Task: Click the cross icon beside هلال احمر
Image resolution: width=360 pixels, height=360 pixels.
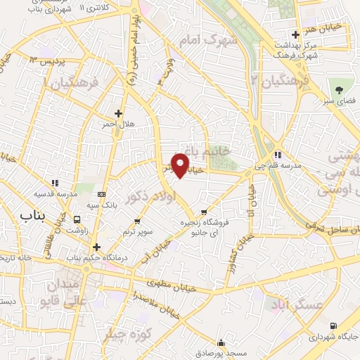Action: [118, 112]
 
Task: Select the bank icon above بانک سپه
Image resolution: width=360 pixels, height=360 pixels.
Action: [103, 194]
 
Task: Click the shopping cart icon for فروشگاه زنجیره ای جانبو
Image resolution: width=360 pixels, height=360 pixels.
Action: [204, 211]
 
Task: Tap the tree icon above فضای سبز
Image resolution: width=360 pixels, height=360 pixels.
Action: [340, 89]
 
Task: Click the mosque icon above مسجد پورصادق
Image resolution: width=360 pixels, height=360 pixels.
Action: [222, 343]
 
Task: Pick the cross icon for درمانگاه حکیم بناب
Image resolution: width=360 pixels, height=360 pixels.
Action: [96, 247]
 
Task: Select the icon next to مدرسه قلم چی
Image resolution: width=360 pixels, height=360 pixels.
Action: [278, 155]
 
